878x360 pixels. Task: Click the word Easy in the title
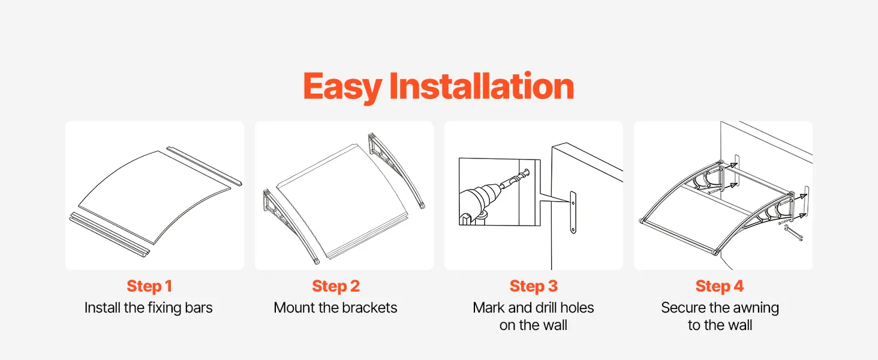click(x=342, y=87)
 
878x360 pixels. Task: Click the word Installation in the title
click(x=482, y=85)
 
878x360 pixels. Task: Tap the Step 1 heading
click(x=149, y=286)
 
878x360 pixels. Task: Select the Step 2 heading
click(x=336, y=286)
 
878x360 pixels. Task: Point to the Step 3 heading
click(x=534, y=286)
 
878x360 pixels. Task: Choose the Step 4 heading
click(x=720, y=286)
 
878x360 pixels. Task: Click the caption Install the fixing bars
click(x=149, y=308)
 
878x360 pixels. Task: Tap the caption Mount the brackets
click(x=335, y=308)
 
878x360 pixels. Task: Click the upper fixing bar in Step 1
click(x=205, y=166)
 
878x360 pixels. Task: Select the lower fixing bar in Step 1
click(x=109, y=235)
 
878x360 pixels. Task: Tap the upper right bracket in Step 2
click(x=396, y=170)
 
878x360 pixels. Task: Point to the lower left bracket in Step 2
click(x=291, y=227)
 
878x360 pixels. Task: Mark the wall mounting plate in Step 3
click(x=573, y=212)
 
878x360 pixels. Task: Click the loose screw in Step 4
click(x=793, y=234)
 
